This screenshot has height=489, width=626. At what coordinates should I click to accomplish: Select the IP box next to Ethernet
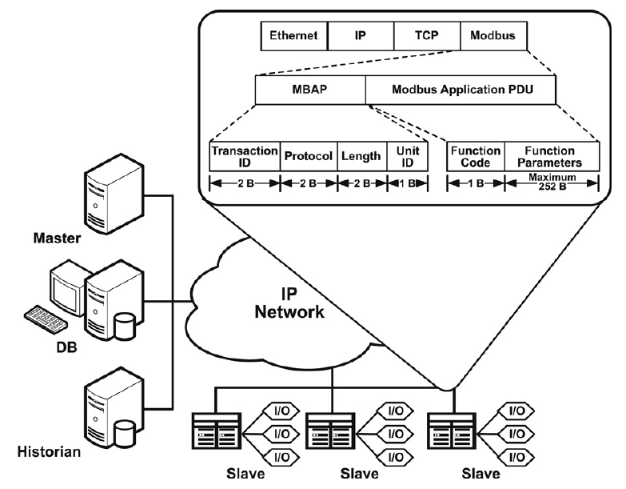(361, 35)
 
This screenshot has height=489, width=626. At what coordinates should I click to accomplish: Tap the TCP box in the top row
(426, 35)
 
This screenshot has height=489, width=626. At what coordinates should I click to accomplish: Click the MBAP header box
(309, 90)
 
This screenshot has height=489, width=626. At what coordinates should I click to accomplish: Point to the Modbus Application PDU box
(462, 90)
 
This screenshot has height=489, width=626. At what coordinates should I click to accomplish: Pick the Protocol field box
(308, 156)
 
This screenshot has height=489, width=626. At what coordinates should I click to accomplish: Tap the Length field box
(361, 156)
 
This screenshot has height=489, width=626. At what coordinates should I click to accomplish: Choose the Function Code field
(476, 156)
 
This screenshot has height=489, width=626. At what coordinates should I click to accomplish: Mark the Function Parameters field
(552, 156)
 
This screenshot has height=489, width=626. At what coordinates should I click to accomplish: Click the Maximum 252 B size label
(552, 183)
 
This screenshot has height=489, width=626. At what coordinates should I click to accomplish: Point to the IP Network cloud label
(289, 303)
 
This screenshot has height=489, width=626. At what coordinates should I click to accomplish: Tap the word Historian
(50, 453)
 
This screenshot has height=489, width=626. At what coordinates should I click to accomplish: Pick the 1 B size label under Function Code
(476, 182)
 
